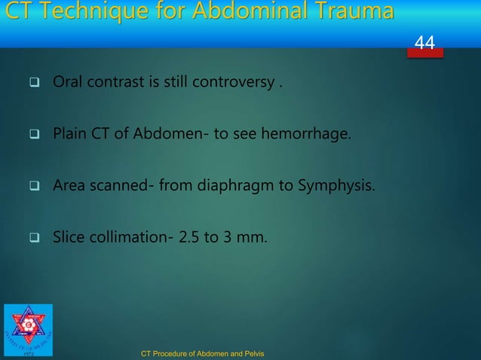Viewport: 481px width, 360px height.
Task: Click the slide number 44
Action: click(x=425, y=44)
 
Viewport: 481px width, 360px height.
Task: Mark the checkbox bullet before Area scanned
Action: click(x=33, y=185)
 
